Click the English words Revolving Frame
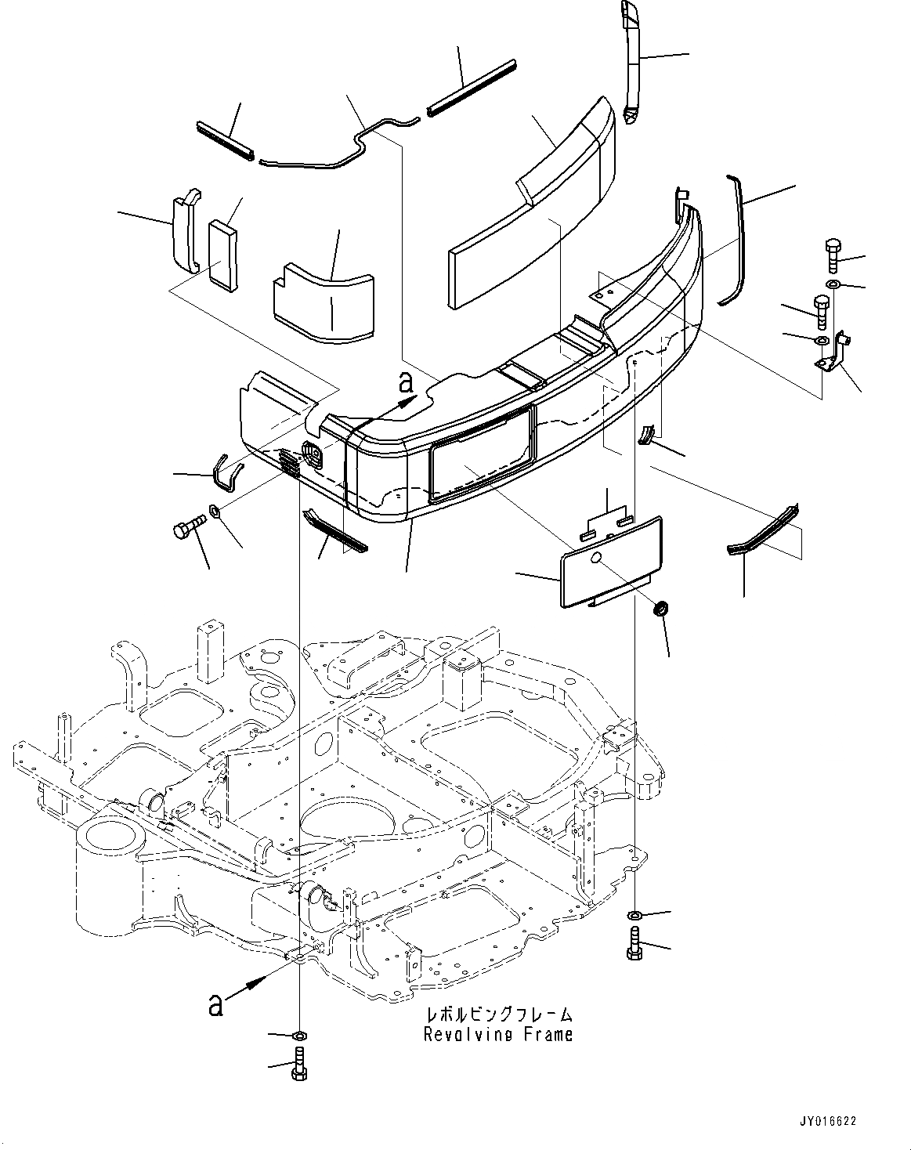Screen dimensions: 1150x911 [x=498, y=1035]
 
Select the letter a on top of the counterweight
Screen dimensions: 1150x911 [x=405, y=383]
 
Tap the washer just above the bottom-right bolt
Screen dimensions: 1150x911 [x=633, y=916]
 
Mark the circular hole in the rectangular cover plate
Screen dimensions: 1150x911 [x=596, y=557]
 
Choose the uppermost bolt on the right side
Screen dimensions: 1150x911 [x=832, y=255]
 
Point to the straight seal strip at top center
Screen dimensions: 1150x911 [x=472, y=87]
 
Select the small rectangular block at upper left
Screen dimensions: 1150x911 [x=222, y=252]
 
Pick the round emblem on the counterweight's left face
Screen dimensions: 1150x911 [x=311, y=454]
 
